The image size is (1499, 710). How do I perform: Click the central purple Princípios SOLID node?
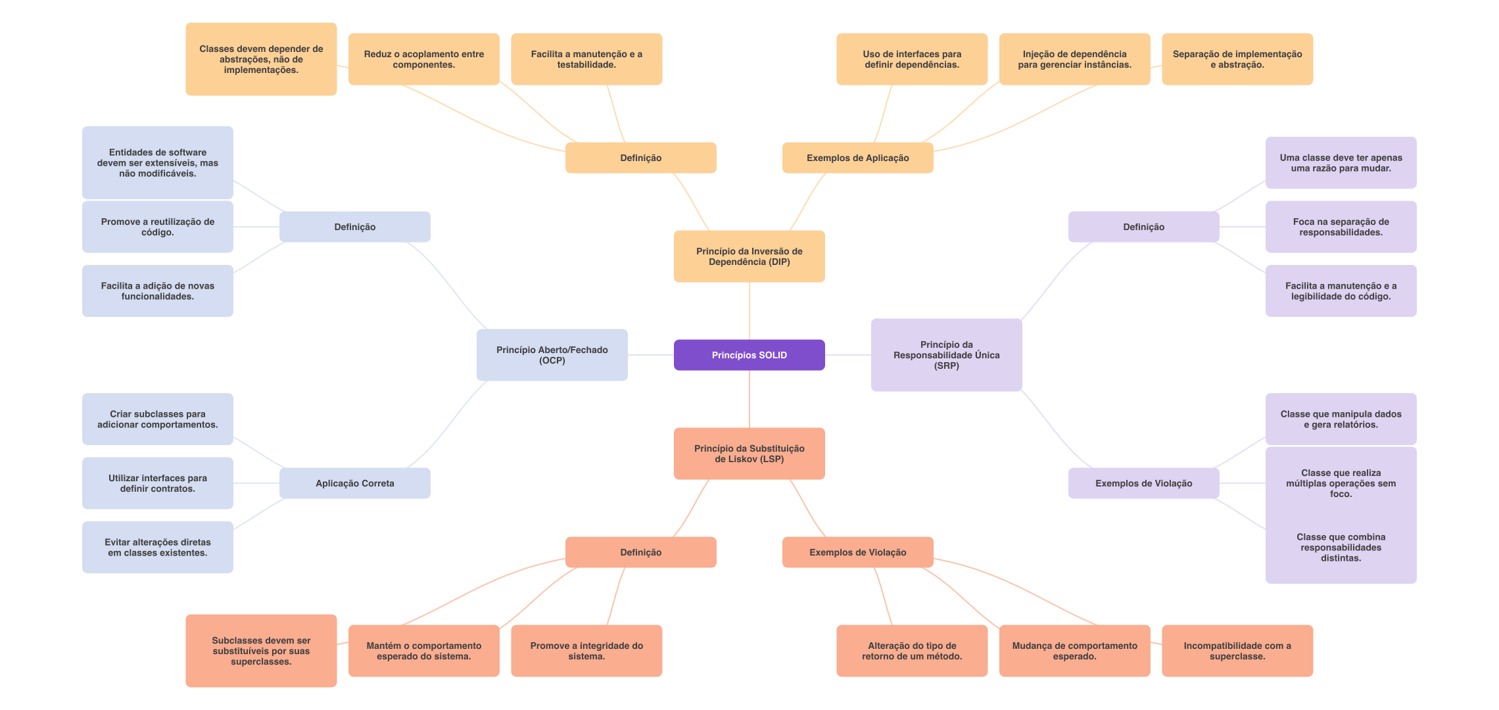pyautogui.click(x=749, y=355)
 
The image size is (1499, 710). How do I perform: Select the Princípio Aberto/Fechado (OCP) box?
pyautogui.click(x=552, y=355)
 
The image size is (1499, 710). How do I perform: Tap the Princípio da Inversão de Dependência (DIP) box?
pyautogui.click(x=749, y=256)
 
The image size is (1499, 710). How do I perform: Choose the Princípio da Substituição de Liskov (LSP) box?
pyautogui.click(x=749, y=454)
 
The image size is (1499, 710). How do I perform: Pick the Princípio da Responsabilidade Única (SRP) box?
pyautogui.click(x=946, y=355)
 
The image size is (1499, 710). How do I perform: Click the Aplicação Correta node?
pyautogui.click(x=354, y=483)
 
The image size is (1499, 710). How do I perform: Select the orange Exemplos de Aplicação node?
pyautogui.click(x=857, y=158)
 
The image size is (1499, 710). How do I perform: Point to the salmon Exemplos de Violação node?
pyautogui.click(x=857, y=552)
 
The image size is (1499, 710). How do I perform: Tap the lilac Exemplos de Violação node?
pyautogui.click(x=1143, y=483)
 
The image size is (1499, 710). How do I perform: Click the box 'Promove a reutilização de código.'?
pyautogui.click(x=157, y=227)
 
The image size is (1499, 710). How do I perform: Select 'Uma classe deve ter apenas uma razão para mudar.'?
pyautogui.click(x=1341, y=163)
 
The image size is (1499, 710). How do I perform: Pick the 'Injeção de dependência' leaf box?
pyautogui.click(x=1074, y=59)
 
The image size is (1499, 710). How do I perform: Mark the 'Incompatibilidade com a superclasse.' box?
pyautogui.click(x=1237, y=651)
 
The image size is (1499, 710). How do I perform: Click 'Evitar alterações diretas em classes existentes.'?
pyautogui.click(x=157, y=547)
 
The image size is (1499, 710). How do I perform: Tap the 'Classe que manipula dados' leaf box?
pyautogui.click(x=1341, y=419)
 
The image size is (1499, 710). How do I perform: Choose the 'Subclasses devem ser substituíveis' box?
pyautogui.click(x=261, y=651)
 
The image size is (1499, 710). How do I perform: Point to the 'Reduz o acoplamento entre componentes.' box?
pyautogui.click(x=423, y=59)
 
